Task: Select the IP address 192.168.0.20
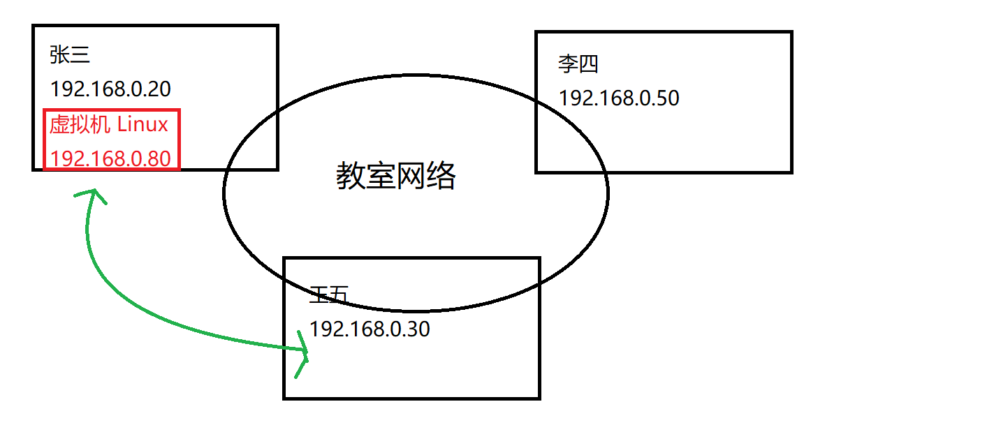tap(110, 89)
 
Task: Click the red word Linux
tap(142, 125)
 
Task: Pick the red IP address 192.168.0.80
tap(110, 159)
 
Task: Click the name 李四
tap(578, 65)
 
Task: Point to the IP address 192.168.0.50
tap(619, 98)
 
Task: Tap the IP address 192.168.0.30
tap(370, 329)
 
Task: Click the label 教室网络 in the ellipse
tap(396, 177)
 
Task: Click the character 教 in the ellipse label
tap(351, 177)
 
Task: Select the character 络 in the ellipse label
tap(441, 177)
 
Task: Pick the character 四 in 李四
tap(588, 65)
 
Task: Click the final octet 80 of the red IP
tap(159, 159)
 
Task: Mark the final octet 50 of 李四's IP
tap(668, 98)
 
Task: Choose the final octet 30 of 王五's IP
tap(418, 329)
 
